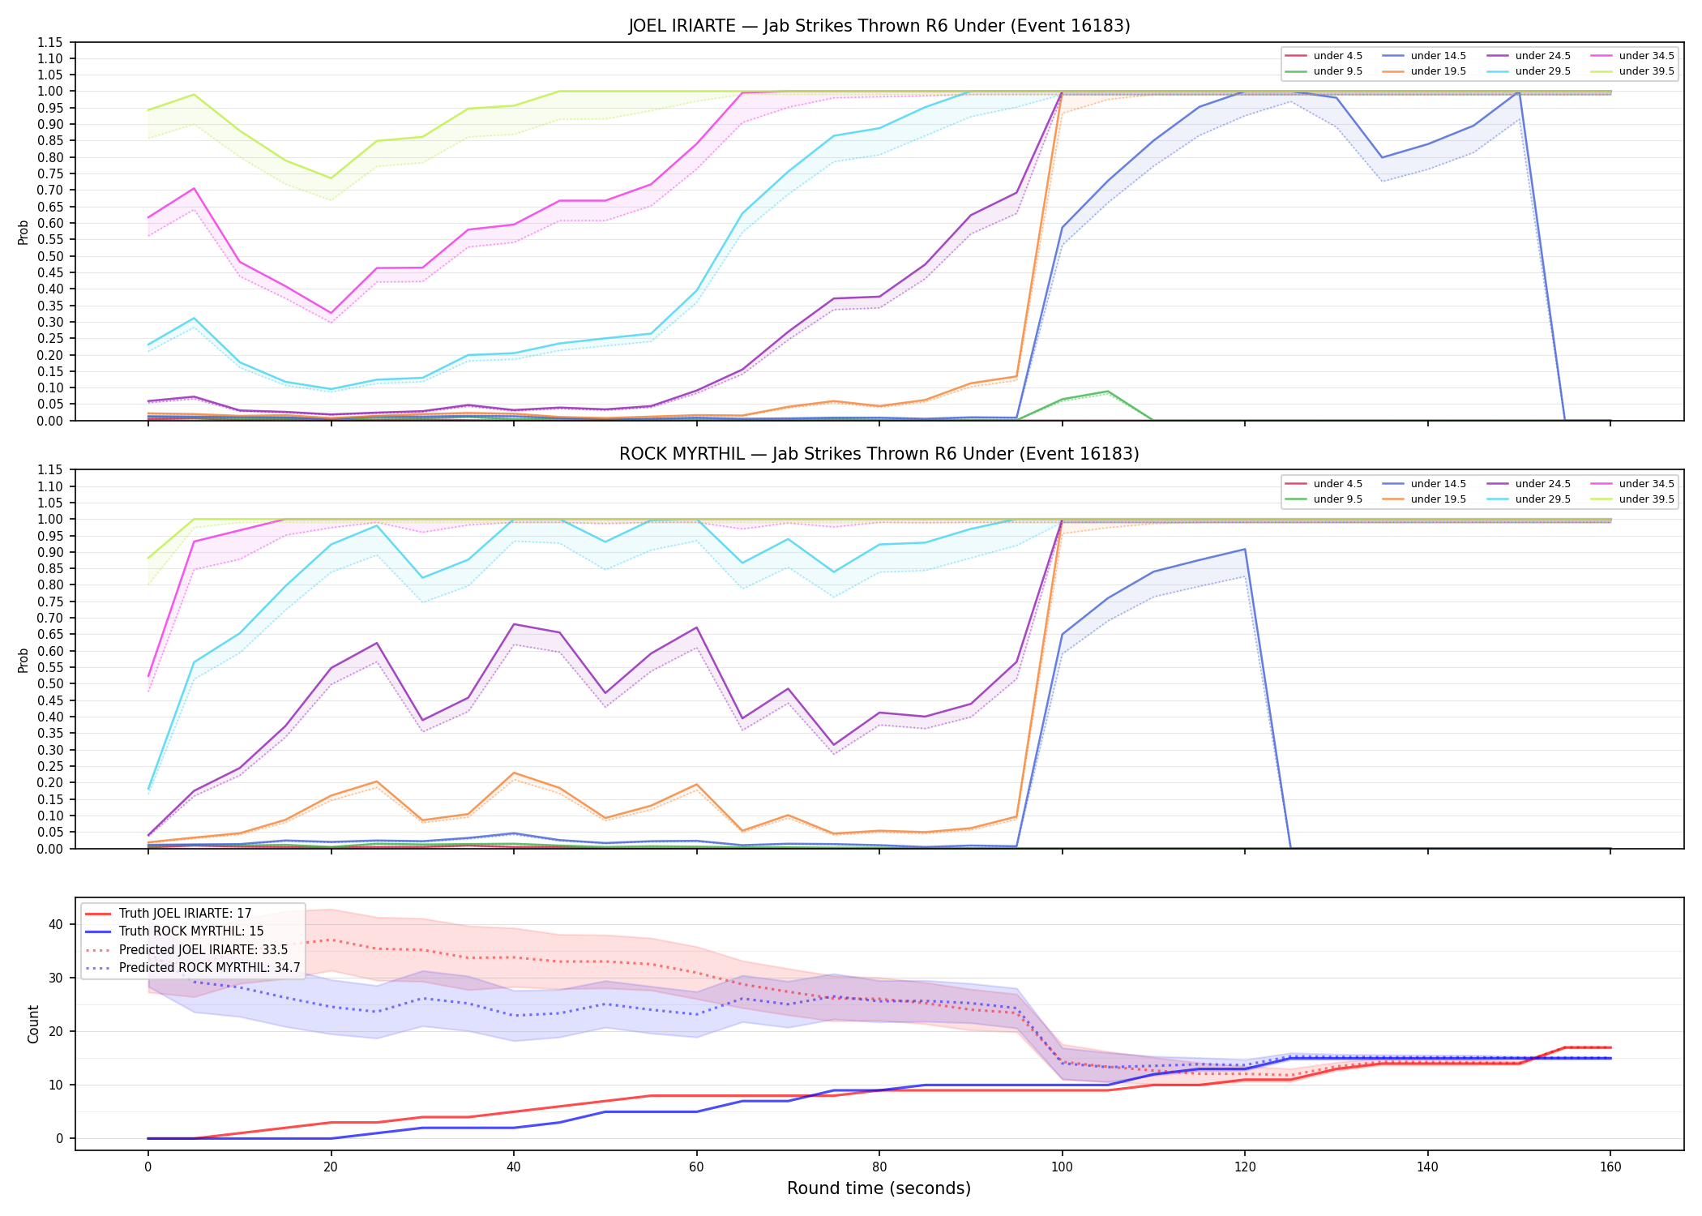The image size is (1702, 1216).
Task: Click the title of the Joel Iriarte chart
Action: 879,26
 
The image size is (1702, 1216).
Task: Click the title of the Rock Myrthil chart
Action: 879,454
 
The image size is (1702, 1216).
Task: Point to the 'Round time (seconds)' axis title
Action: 879,1188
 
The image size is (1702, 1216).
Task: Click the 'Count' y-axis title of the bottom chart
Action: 33,1024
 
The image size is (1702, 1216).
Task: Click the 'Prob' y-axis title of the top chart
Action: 24,232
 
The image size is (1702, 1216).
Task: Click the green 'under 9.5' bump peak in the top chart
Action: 1108,392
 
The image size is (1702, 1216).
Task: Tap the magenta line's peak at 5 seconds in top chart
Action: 194,188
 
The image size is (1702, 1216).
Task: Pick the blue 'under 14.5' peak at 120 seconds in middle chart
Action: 1245,550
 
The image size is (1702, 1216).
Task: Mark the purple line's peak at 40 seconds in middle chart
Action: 514,624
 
